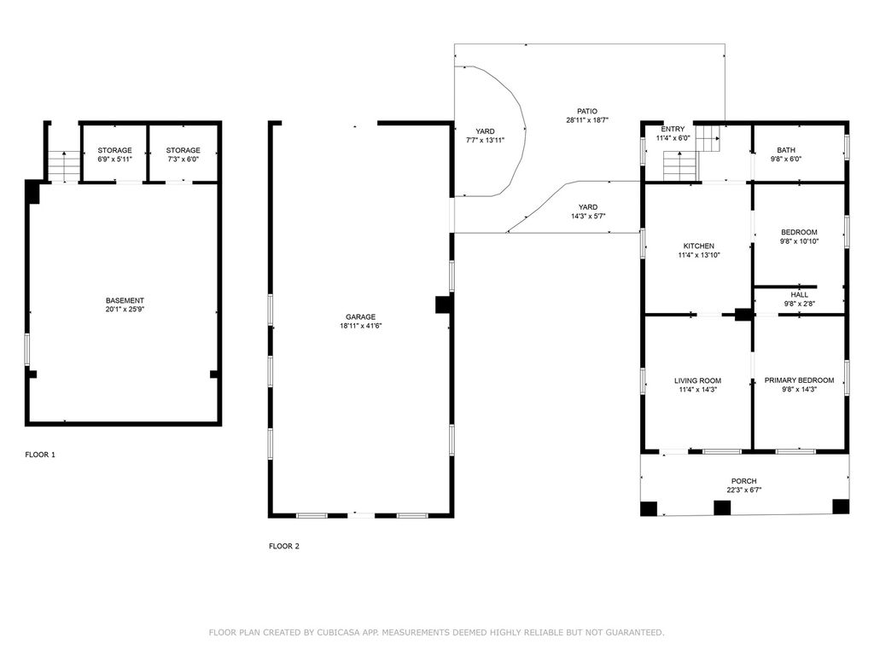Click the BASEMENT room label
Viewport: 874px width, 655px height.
pyautogui.click(x=125, y=301)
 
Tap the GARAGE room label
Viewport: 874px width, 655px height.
pyautogui.click(x=361, y=317)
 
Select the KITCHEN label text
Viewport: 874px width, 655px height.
pyautogui.click(x=699, y=246)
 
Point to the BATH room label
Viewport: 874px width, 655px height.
pyautogui.click(x=786, y=150)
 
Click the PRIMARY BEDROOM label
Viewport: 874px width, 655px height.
pyautogui.click(x=799, y=380)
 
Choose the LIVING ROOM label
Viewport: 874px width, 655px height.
pyautogui.click(x=698, y=381)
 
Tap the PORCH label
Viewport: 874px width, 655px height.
pyautogui.click(x=744, y=481)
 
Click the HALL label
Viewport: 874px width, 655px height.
pyautogui.click(x=799, y=294)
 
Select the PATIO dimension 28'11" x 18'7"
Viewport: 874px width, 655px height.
pyautogui.click(x=587, y=119)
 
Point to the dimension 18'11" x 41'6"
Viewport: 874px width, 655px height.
pyautogui.click(x=361, y=326)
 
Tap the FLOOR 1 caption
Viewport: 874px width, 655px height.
pyautogui.click(x=40, y=455)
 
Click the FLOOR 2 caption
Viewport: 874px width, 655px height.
pyautogui.click(x=284, y=546)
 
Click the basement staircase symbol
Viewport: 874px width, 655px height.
pyautogui.click(x=64, y=166)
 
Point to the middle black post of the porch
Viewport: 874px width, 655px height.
pyautogui.click(x=722, y=507)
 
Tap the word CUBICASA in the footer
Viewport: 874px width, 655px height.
pyautogui.click(x=338, y=632)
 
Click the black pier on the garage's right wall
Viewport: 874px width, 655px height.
pyautogui.click(x=443, y=304)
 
